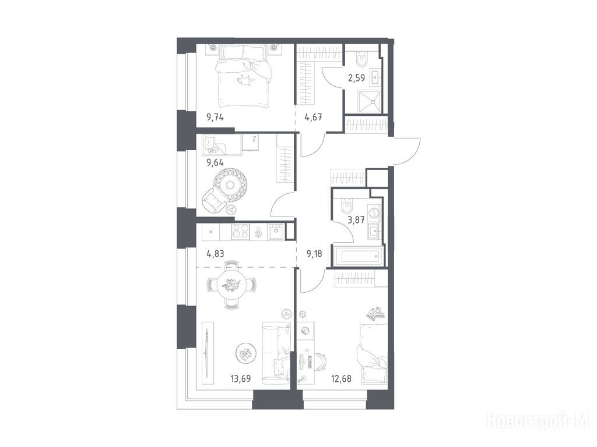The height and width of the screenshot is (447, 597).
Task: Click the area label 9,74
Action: pyautogui.click(x=215, y=117)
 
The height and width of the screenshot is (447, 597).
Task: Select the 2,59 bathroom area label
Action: pyautogui.click(x=357, y=79)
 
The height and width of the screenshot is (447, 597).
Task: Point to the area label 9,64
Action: pyautogui.click(x=215, y=163)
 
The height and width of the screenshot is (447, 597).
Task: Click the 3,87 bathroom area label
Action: pyautogui.click(x=357, y=219)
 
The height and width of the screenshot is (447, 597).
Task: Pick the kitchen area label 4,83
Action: pyautogui.click(x=215, y=254)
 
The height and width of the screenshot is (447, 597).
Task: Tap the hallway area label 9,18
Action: pyautogui.click(x=314, y=254)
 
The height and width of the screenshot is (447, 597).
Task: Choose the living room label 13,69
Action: pyautogui.click(x=241, y=378)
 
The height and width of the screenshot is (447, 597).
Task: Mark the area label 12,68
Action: pyautogui.click(x=340, y=378)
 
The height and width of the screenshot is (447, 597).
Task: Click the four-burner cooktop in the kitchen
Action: pyautogui.click(x=240, y=232)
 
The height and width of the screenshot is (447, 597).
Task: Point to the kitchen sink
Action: pyautogui.click(x=276, y=232)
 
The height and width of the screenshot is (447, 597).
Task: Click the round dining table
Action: pyautogui.click(x=231, y=285)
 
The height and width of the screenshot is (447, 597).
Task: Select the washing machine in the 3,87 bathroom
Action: pyautogui.click(x=374, y=212)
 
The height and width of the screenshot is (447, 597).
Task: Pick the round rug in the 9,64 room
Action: pyautogui.click(x=230, y=185)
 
